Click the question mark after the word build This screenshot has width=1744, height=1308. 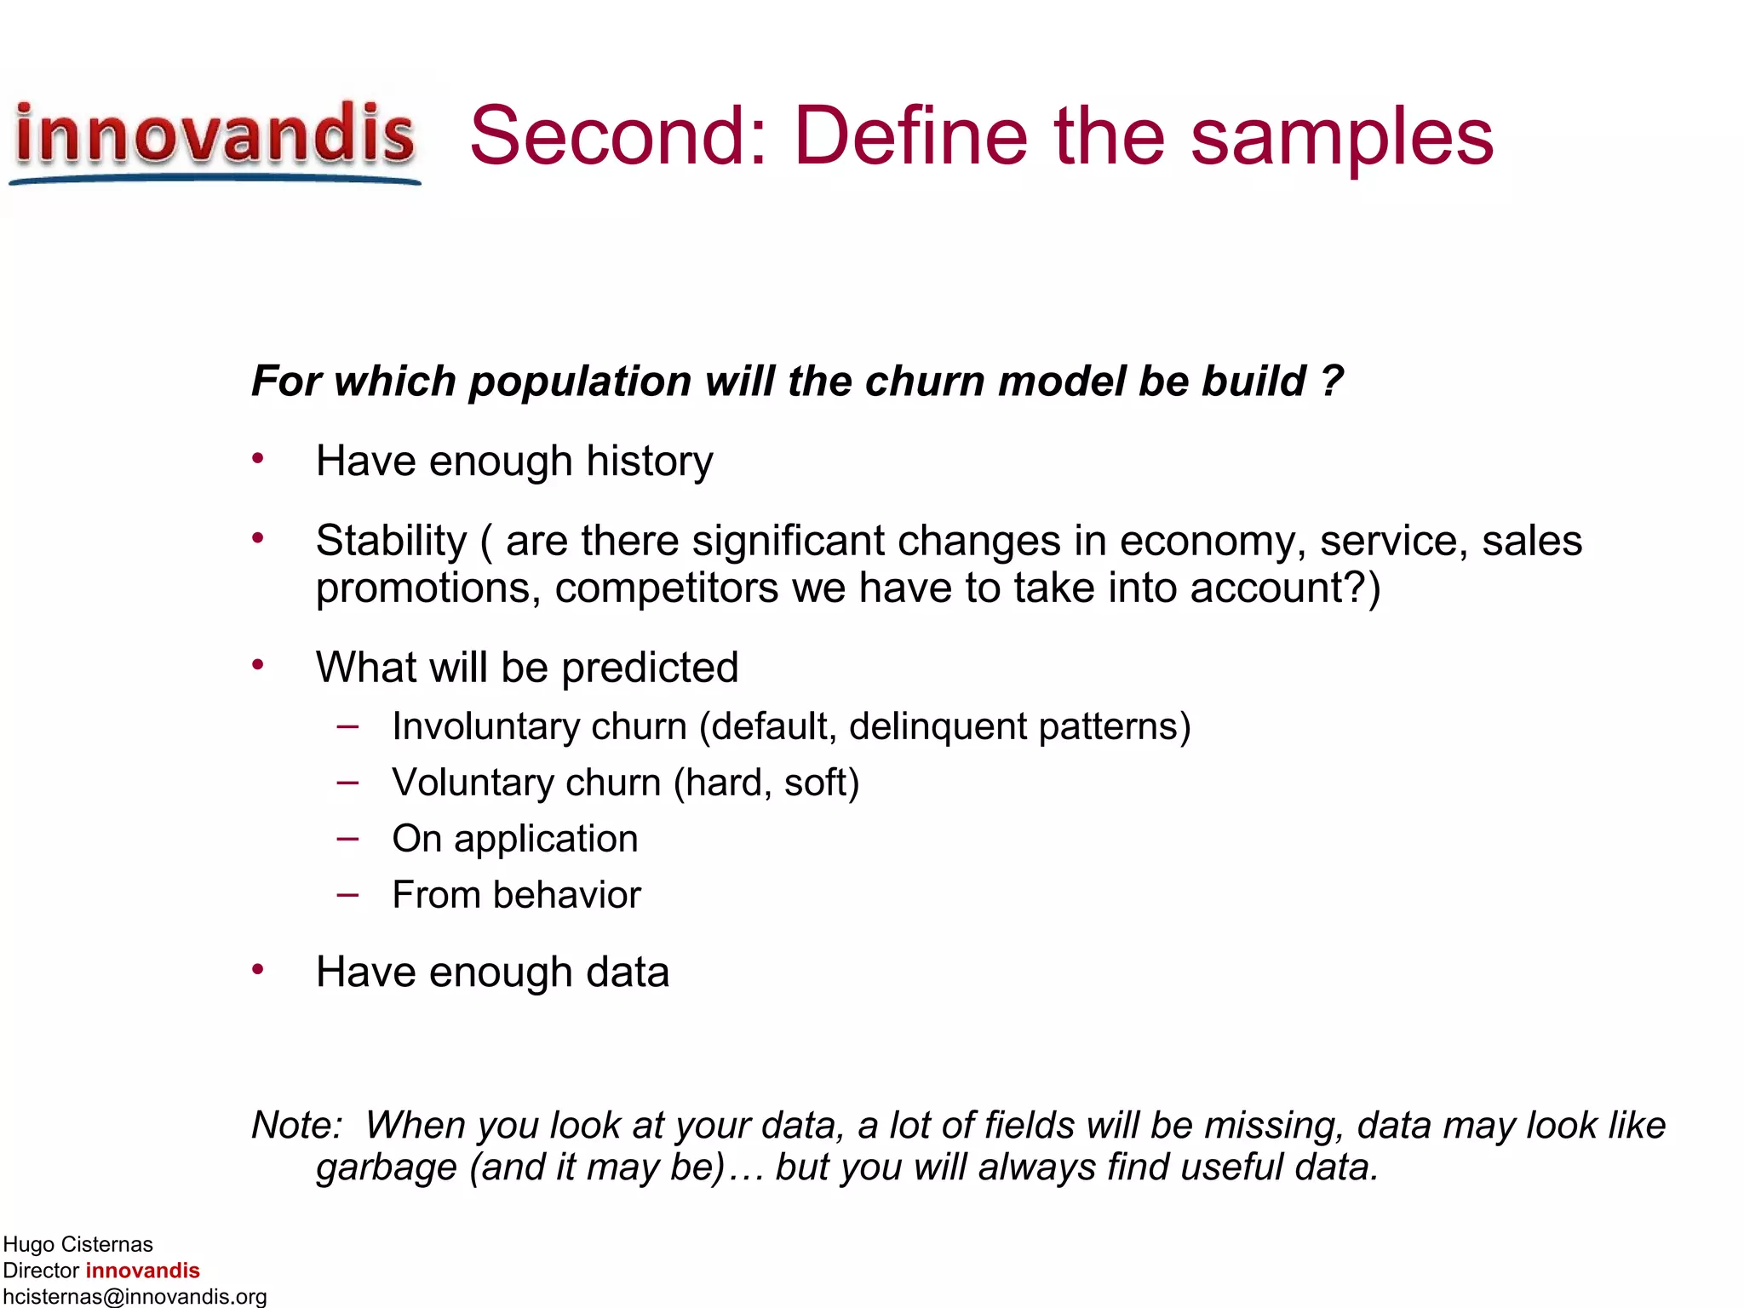click(1332, 381)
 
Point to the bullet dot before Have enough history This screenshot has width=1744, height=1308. click(258, 459)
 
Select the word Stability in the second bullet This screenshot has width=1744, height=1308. click(391, 541)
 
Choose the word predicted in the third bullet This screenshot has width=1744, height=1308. click(650, 668)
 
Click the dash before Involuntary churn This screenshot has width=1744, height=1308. click(347, 726)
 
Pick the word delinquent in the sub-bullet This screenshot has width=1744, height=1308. click(938, 727)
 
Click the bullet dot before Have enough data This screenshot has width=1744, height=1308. click(258, 970)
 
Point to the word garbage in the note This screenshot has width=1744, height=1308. click(386, 1168)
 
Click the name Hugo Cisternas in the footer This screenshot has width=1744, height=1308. click(77, 1244)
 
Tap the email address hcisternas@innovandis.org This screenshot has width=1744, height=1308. click(135, 1296)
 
